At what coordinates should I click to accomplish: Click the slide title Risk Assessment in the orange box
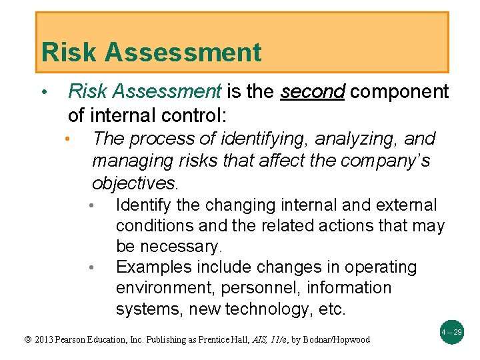[x=151, y=52]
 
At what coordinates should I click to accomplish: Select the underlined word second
[x=312, y=92]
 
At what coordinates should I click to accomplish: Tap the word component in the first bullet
[x=399, y=92]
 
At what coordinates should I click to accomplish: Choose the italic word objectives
[x=135, y=183]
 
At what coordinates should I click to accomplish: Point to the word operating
[x=379, y=267]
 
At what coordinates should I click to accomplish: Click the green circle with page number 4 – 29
[x=451, y=331]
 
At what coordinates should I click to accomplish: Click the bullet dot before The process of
[x=68, y=139]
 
